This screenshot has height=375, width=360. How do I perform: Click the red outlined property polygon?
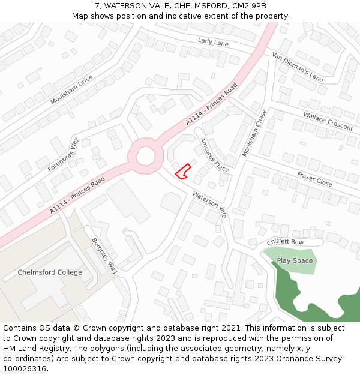coord(183,172)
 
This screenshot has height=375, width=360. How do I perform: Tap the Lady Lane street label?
coord(214,41)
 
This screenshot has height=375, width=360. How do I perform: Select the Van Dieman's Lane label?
coord(298,67)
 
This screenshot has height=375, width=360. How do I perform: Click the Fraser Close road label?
coord(314,178)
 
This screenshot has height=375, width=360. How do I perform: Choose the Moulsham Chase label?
coord(254,133)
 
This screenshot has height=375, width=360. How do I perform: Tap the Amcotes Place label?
coord(214,154)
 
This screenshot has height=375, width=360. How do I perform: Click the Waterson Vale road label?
coord(209,204)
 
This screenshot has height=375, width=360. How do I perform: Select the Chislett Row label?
coord(286,242)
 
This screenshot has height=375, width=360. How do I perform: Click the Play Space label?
coord(295,261)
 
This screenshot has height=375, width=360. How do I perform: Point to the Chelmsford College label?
coord(50,272)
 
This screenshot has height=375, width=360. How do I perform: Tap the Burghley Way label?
coord(104,256)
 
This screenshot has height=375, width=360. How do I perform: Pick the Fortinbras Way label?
coord(64,155)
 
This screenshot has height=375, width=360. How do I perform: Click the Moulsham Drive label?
coord(71,90)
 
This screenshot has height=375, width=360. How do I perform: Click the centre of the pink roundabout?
coord(146,156)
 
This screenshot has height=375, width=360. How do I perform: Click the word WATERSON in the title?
coord(128,6)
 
